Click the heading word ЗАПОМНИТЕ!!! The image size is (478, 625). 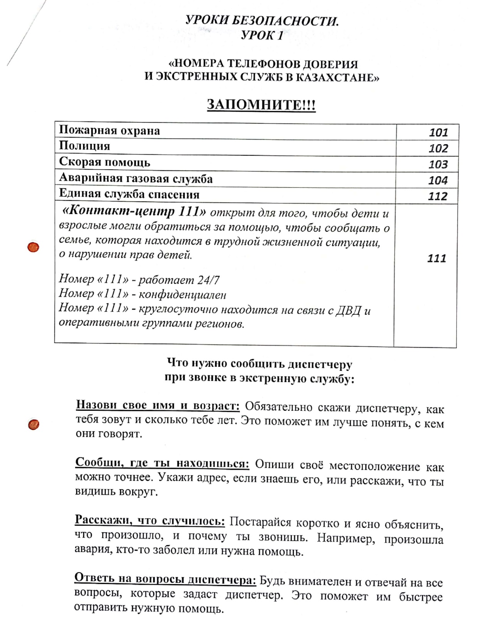point(261,105)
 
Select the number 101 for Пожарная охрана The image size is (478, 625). point(438,133)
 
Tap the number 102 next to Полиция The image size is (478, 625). point(438,149)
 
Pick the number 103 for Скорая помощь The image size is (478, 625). point(438,164)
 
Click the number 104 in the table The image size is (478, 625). point(438,180)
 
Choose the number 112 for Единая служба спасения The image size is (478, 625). point(438,196)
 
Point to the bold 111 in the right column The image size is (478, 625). point(436,258)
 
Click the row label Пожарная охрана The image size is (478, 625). point(109,131)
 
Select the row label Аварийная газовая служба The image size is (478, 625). point(136,179)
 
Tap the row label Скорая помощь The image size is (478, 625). point(104,162)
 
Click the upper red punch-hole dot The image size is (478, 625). point(34,247)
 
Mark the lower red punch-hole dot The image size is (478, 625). point(34,425)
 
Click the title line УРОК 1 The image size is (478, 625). point(262,35)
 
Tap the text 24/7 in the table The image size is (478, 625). point(208,280)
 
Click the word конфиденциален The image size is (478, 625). point(182,295)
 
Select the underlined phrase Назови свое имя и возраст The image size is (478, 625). point(158,405)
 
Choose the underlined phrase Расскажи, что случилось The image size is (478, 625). point(150,520)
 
